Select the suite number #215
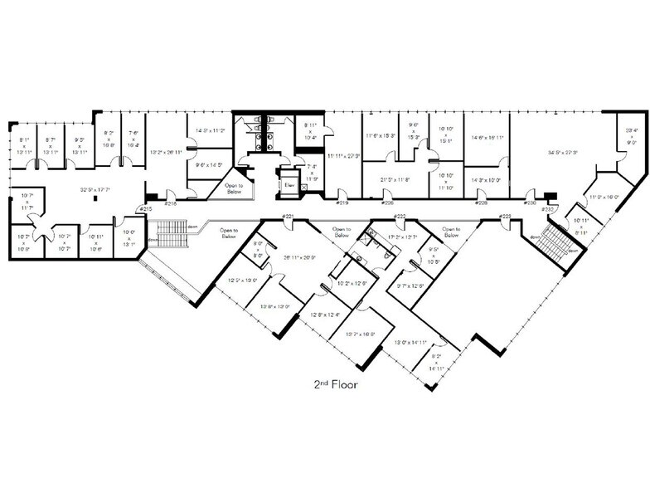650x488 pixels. (145, 208)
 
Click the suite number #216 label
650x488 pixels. (171, 203)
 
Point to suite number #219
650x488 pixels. (341, 202)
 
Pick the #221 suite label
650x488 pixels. (289, 217)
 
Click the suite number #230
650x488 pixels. (531, 202)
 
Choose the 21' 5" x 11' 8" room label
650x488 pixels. (395, 178)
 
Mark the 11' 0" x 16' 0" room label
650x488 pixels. (604, 197)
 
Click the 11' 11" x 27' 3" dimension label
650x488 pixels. (341, 155)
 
